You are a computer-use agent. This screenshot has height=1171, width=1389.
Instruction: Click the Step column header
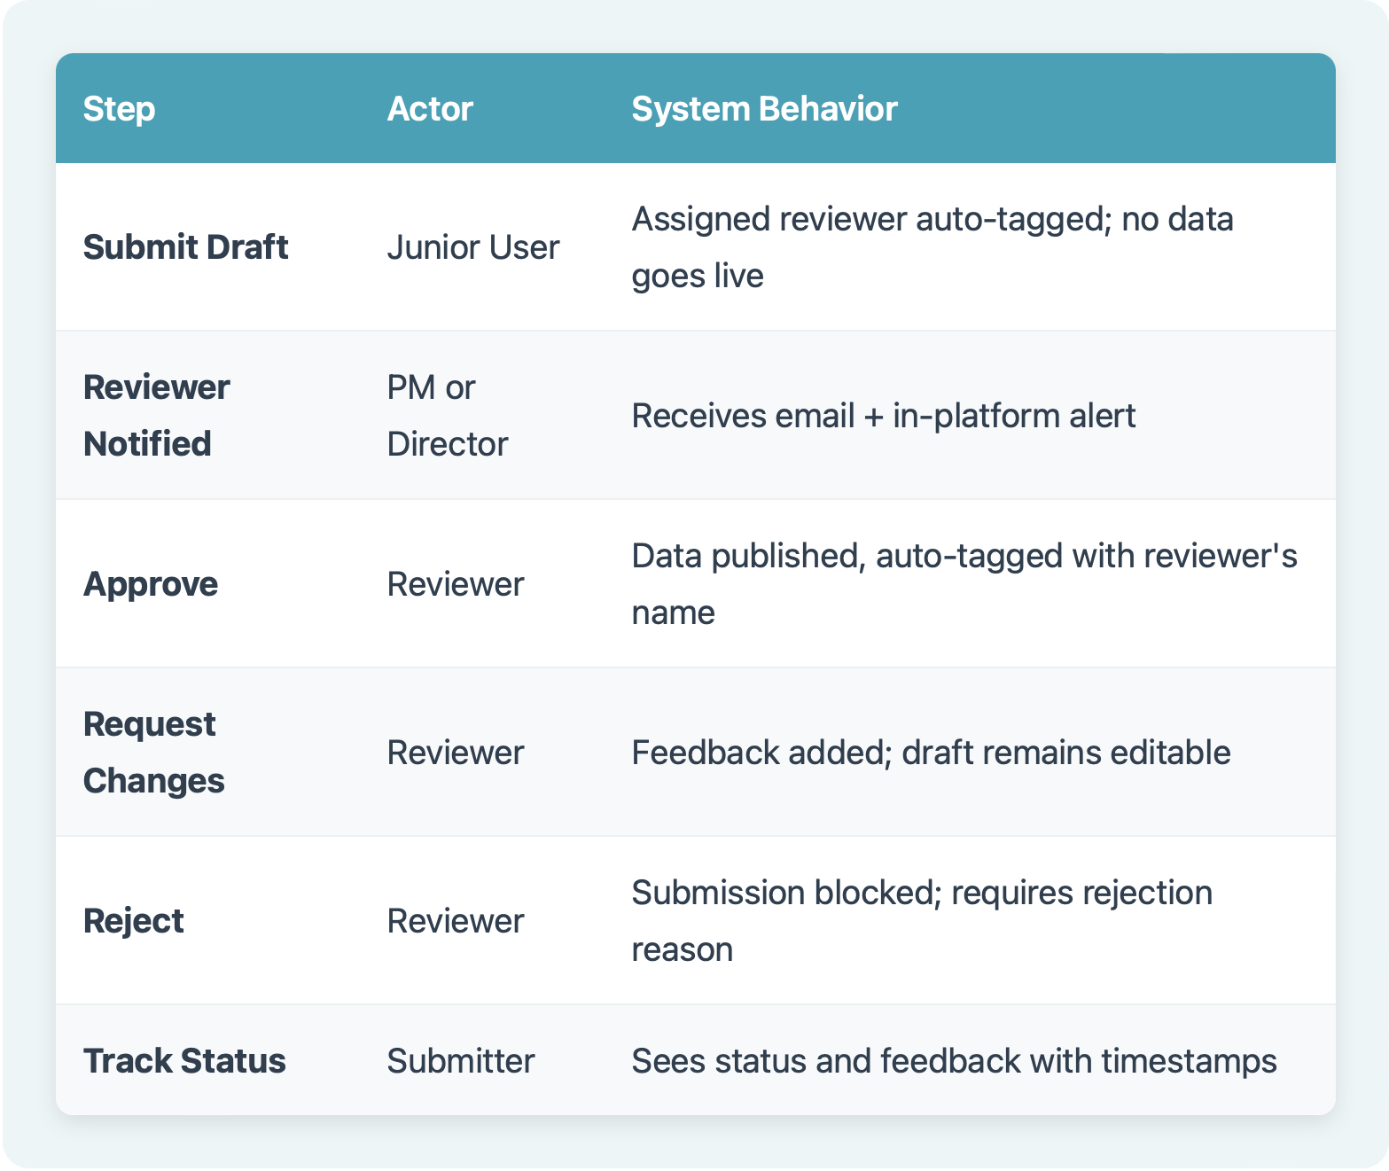[x=119, y=109]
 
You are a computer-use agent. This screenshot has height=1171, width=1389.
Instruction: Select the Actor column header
[x=430, y=109]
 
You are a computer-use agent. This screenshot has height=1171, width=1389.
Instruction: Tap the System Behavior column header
[x=764, y=109]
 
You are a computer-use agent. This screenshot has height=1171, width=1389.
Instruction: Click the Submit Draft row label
[x=185, y=247]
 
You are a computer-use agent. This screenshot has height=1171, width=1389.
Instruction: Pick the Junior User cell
[x=473, y=247]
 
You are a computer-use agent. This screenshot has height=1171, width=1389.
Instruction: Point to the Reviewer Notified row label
[x=156, y=416]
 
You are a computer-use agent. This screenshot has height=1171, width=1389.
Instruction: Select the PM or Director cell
[x=447, y=416]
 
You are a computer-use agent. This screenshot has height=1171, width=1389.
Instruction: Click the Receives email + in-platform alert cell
[x=883, y=416]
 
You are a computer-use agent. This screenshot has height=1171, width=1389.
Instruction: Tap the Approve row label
[x=151, y=584]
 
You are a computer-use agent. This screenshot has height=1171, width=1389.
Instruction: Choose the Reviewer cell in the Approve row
[x=456, y=584]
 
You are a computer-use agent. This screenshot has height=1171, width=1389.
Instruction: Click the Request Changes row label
[x=153, y=753]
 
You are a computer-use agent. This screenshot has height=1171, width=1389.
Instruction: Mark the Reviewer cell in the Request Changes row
[x=456, y=753]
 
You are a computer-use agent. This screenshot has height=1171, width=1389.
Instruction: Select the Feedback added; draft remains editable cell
[x=931, y=753]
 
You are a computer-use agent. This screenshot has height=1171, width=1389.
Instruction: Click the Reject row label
[x=133, y=921]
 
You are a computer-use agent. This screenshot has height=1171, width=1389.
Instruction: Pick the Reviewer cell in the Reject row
[x=456, y=921]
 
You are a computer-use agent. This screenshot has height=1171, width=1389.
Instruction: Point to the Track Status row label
[x=184, y=1061]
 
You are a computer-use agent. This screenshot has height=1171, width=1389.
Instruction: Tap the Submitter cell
[x=461, y=1061]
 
